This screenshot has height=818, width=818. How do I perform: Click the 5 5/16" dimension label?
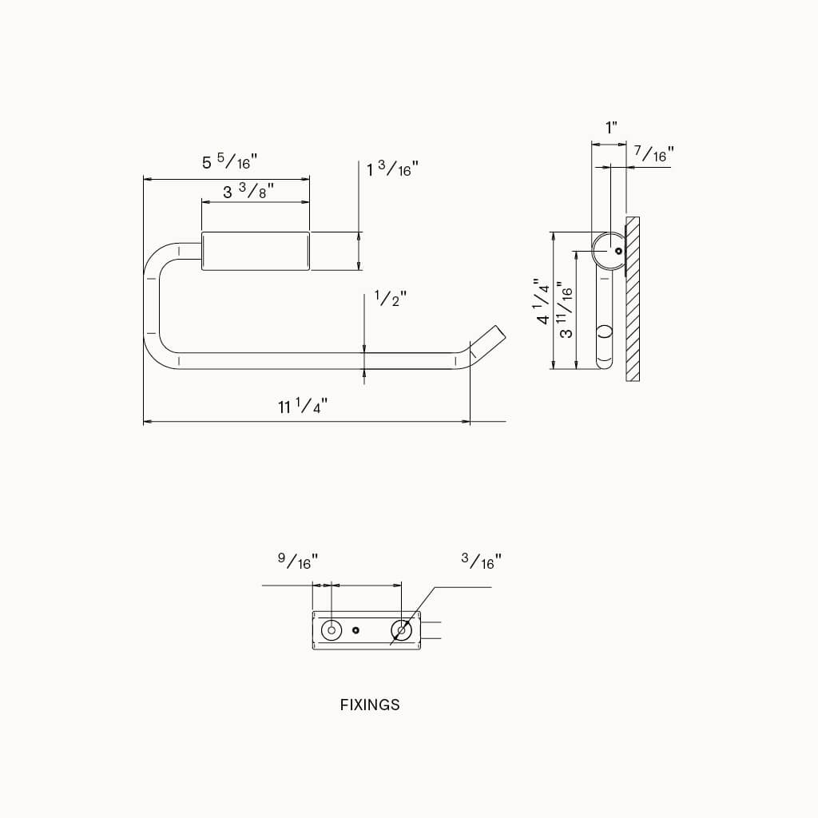coord(227,162)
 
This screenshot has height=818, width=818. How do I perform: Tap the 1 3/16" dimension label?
coord(392,169)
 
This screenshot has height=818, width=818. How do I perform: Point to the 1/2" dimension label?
coord(391,299)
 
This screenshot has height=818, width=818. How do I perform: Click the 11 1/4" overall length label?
coord(303,407)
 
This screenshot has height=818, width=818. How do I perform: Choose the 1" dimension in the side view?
coord(611,127)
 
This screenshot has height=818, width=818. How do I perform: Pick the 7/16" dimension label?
coord(653,153)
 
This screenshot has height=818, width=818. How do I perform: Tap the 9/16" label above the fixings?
coord(297,561)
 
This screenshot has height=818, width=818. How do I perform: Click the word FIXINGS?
coord(370,705)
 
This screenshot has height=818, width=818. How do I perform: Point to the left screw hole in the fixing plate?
coord(331,630)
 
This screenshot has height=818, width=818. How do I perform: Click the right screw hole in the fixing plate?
coord(401,630)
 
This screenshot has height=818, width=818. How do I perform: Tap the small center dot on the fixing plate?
coord(356,630)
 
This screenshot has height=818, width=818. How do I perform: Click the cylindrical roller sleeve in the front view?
coord(256,251)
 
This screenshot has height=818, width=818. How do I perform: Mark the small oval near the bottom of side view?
coord(604,332)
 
